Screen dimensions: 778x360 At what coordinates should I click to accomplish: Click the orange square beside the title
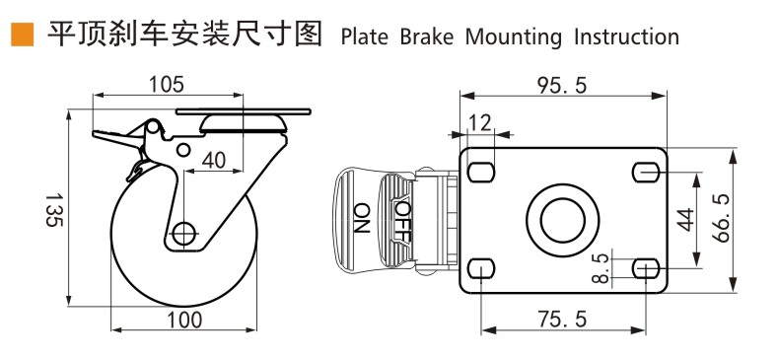click(22, 35)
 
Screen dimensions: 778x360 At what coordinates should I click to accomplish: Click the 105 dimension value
click(167, 85)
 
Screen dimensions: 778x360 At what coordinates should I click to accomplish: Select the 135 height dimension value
click(54, 210)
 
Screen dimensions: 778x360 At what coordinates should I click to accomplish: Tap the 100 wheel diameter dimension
click(184, 320)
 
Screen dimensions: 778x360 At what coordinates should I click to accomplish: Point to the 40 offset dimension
click(213, 161)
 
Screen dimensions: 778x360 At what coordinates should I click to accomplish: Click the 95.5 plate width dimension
click(562, 86)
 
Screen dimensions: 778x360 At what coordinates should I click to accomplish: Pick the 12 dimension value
click(479, 122)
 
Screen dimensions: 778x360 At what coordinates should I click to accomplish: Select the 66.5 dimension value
click(722, 219)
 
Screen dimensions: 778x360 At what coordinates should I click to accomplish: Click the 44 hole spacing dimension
click(685, 220)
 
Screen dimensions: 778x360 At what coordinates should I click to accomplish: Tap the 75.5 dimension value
click(562, 319)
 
